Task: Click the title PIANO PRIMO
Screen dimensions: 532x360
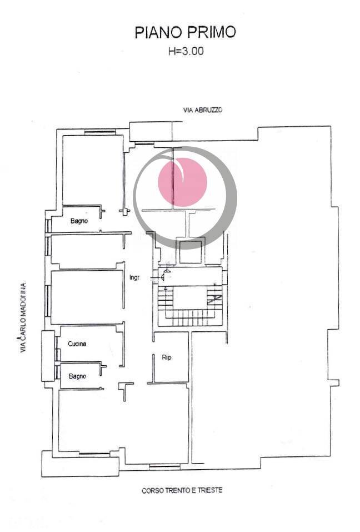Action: [185, 33]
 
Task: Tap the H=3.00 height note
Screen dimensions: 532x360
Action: [185, 52]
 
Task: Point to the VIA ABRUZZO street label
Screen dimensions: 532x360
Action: [203, 110]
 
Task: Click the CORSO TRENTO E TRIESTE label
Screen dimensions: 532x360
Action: [182, 490]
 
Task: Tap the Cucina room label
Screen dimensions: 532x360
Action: [77, 344]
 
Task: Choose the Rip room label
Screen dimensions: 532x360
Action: [166, 357]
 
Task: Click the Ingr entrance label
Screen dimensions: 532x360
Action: [134, 277]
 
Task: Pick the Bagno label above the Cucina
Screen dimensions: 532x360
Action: [79, 221]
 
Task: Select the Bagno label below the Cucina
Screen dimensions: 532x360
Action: [77, 376]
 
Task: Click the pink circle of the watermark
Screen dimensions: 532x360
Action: [183, 181]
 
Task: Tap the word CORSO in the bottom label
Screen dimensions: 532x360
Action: [152, 490]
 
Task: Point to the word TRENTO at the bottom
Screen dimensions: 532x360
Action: [177, 490]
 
